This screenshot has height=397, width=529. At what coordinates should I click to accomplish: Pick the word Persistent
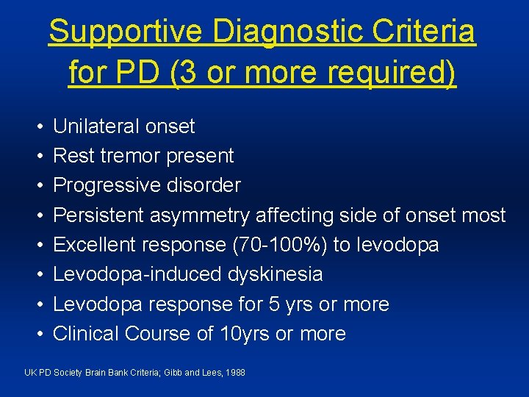[99, 215]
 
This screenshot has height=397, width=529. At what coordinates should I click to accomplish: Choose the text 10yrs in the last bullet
[245, 334]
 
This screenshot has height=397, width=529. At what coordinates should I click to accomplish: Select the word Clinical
[86, 334]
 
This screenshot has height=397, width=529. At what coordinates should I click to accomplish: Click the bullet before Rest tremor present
[37, 156]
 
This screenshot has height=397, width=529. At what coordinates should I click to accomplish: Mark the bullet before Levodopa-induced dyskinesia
[37, 274]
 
